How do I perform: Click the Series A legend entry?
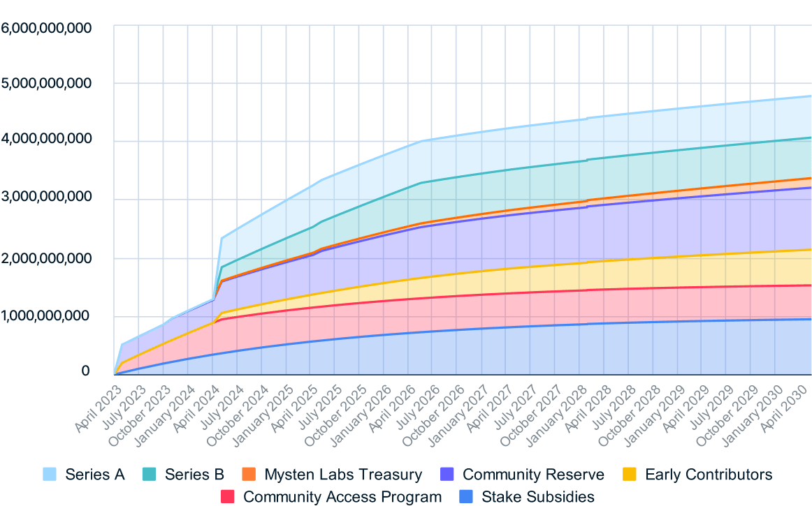click(95, 475)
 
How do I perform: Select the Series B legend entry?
click(194, 475)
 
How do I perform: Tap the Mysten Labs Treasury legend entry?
click(343, 475)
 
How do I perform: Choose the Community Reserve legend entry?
click(533, 475)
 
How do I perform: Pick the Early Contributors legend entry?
click(709, 475)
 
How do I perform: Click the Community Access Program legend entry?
click(342, 497)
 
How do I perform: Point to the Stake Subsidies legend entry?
click(537, 497)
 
